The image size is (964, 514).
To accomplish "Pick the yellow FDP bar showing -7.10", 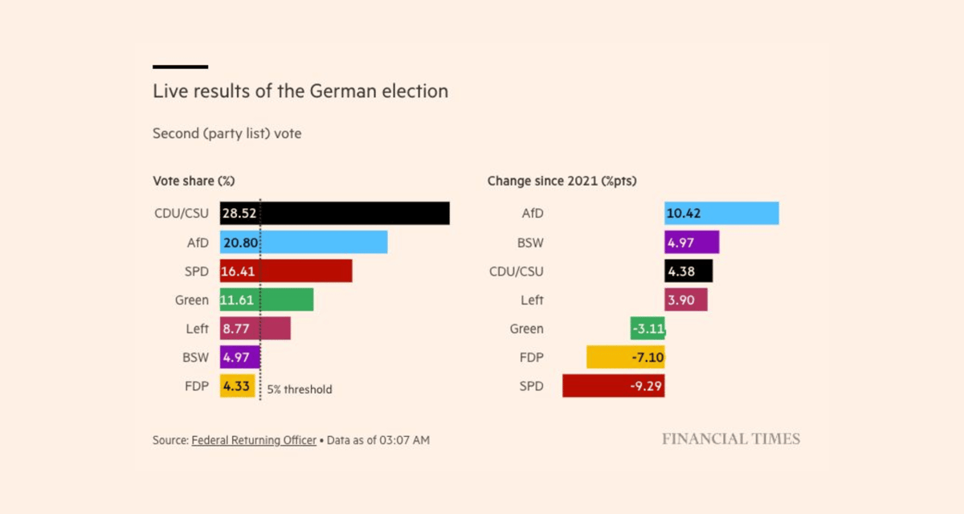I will coord(625,357).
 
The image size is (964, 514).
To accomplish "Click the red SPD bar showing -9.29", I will coord(613,386).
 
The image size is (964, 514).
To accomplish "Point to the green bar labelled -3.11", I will coord(647,328).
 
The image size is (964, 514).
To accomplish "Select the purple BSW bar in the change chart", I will coord(692,243).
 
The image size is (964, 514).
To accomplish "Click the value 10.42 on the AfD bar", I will coord(684,214).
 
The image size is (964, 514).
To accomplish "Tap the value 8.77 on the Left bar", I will coord(236,328).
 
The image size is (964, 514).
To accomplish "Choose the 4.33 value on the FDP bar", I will coord(236,386).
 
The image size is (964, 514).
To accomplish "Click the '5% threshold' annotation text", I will coord(300,390).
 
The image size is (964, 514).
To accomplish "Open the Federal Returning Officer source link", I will coord(254,440).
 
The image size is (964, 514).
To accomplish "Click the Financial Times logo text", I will coord(730,439).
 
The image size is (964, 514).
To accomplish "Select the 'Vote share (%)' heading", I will coord(194,182).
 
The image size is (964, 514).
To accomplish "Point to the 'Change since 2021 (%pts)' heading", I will coord(562,182).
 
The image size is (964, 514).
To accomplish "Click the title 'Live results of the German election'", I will coord(300,92).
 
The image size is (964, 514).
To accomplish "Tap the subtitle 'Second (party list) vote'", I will coord(227,134).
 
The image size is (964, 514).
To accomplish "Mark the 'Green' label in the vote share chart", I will coord(192,300).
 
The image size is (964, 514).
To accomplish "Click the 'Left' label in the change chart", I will coord(531,300).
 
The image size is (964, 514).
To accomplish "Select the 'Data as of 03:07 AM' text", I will coord(379,440).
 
